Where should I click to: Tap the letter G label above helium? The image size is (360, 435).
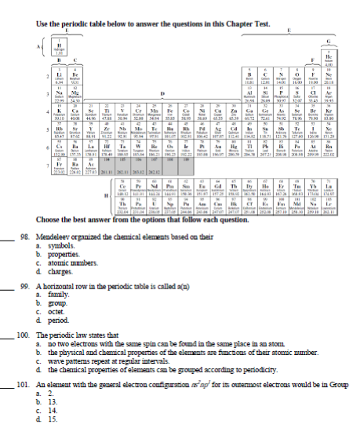(x=339, y=39)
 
